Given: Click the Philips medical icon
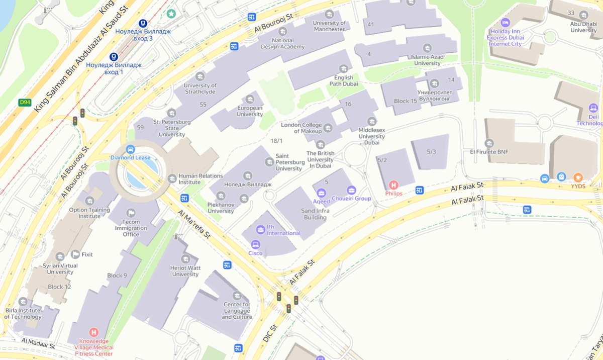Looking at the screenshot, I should pos(393,185).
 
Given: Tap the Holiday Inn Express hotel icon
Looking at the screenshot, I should pos(506,22).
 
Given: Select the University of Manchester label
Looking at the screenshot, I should pos(329,26).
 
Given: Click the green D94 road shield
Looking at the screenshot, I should pos(24,103).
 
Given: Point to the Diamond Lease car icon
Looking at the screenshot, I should pos(131,149).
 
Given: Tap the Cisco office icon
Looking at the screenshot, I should pos(255,244).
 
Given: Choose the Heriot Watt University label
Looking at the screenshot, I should pos(185,271).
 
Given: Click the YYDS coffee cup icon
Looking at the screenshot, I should pos(578,177).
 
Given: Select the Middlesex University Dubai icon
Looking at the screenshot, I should pos(372,121).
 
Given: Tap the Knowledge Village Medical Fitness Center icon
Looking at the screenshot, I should pos(93,332).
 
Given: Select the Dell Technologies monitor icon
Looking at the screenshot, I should pos(593,108).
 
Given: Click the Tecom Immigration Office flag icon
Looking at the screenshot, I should pos(131,213).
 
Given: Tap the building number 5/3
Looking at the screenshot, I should pos(431,152).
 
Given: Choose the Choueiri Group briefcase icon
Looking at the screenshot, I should pos(351,190).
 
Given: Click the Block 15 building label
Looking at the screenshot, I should pos(405,101).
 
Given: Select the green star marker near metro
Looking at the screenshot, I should pos(171,14).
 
